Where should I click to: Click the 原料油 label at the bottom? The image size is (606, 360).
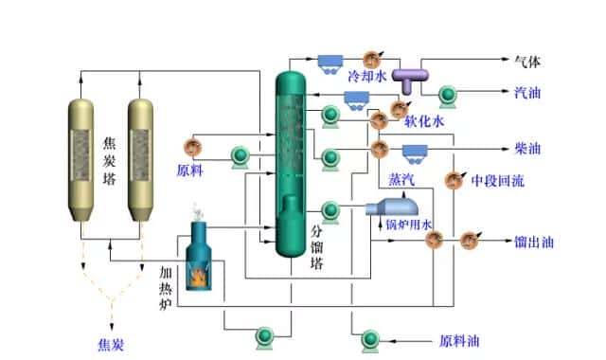459,340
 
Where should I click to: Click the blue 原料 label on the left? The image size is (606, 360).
190,171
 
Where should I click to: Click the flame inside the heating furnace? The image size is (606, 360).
199,276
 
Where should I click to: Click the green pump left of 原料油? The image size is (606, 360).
368,338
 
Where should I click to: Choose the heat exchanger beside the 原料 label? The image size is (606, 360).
192,147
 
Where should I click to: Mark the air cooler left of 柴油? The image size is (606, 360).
415,151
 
